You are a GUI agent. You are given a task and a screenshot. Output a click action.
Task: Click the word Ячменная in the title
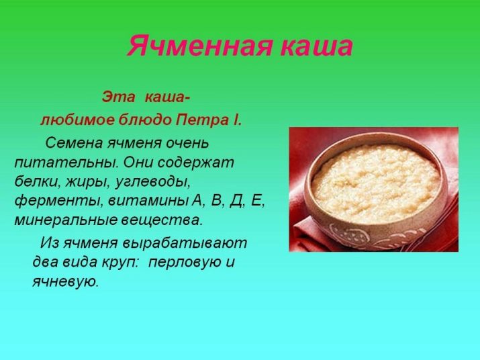tap(199, 46)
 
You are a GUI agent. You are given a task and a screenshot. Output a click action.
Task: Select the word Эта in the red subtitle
tap(118, 97)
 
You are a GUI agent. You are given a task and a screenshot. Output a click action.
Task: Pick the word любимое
tap(77, 120)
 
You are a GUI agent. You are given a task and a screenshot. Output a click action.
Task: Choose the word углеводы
tap(153, 183)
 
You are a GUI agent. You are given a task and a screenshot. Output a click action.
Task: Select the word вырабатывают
tap(185, 244)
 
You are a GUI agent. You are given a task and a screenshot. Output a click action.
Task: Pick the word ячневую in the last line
tap(66, 282)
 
